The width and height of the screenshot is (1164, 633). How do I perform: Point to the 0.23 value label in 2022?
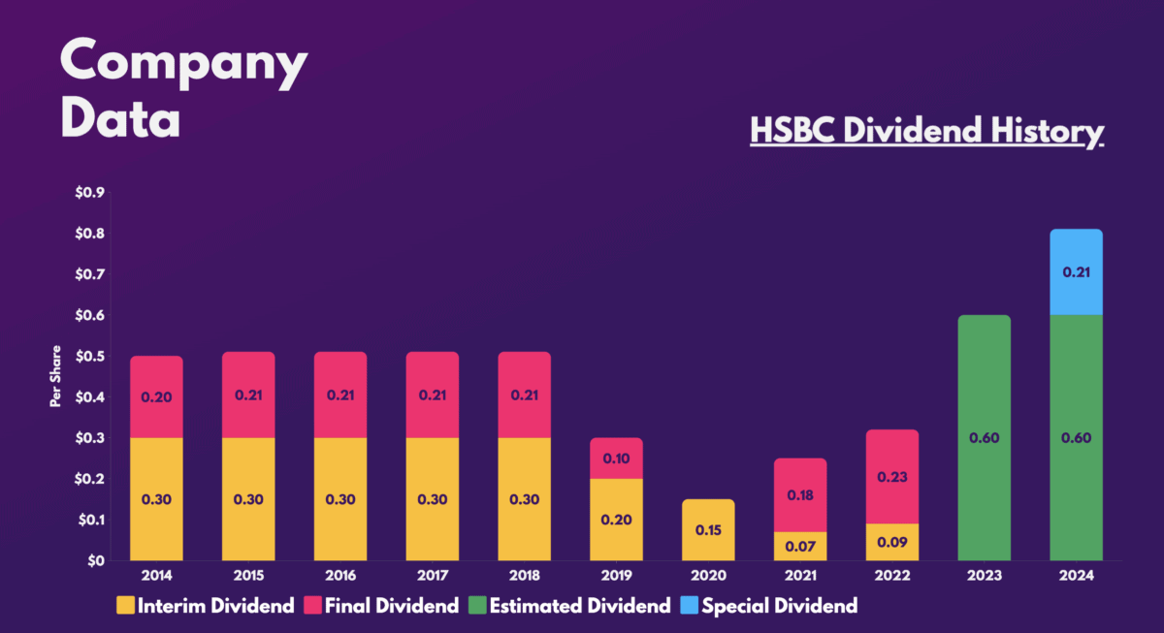point(891,476)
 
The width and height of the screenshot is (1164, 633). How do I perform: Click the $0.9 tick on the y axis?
point(90,192)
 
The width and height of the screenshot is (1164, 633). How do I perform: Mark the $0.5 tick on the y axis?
point(90,356)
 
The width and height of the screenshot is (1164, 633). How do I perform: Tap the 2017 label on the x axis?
point(432,575)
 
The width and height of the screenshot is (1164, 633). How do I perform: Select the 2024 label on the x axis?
point(1076,575)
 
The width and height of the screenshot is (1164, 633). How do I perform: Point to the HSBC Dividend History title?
point(926,131)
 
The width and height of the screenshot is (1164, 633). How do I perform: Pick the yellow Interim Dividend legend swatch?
point(126,607)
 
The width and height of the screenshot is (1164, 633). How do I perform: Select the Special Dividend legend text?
point(779,607)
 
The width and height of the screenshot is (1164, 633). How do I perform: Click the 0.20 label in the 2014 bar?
point(155,396)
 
